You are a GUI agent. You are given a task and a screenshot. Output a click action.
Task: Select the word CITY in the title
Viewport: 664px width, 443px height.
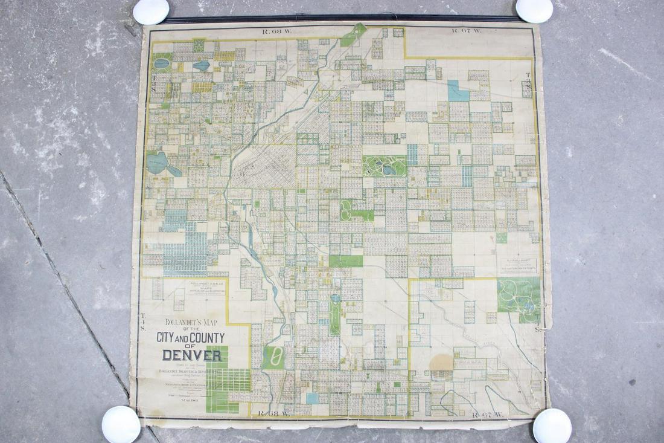[x=168, y=338]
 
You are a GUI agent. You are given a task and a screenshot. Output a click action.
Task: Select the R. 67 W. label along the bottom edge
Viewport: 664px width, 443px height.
[x=485, y=415]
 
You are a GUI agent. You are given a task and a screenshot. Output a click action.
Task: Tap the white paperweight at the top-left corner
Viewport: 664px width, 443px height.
[x=151, y=11]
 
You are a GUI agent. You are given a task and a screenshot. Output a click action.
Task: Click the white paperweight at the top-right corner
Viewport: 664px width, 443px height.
[x=534, y=10]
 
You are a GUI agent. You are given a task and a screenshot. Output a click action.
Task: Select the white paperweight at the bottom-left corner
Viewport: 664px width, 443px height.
[x=121, y=424]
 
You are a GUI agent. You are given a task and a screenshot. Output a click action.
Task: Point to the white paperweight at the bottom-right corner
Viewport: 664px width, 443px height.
[x=552, y=425]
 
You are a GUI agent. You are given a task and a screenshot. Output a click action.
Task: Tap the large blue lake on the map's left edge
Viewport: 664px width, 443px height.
[x=158, y=163]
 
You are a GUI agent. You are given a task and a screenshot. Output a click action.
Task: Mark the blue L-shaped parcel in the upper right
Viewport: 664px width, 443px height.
[x=458, y=91]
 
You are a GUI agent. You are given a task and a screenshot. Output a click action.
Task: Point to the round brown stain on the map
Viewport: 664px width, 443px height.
[x=441, y=361]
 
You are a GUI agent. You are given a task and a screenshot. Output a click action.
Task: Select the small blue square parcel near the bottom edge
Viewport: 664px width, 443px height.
[x=311, y=398]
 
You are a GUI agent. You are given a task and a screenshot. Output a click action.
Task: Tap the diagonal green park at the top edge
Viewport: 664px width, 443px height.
[x=353, y=35]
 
